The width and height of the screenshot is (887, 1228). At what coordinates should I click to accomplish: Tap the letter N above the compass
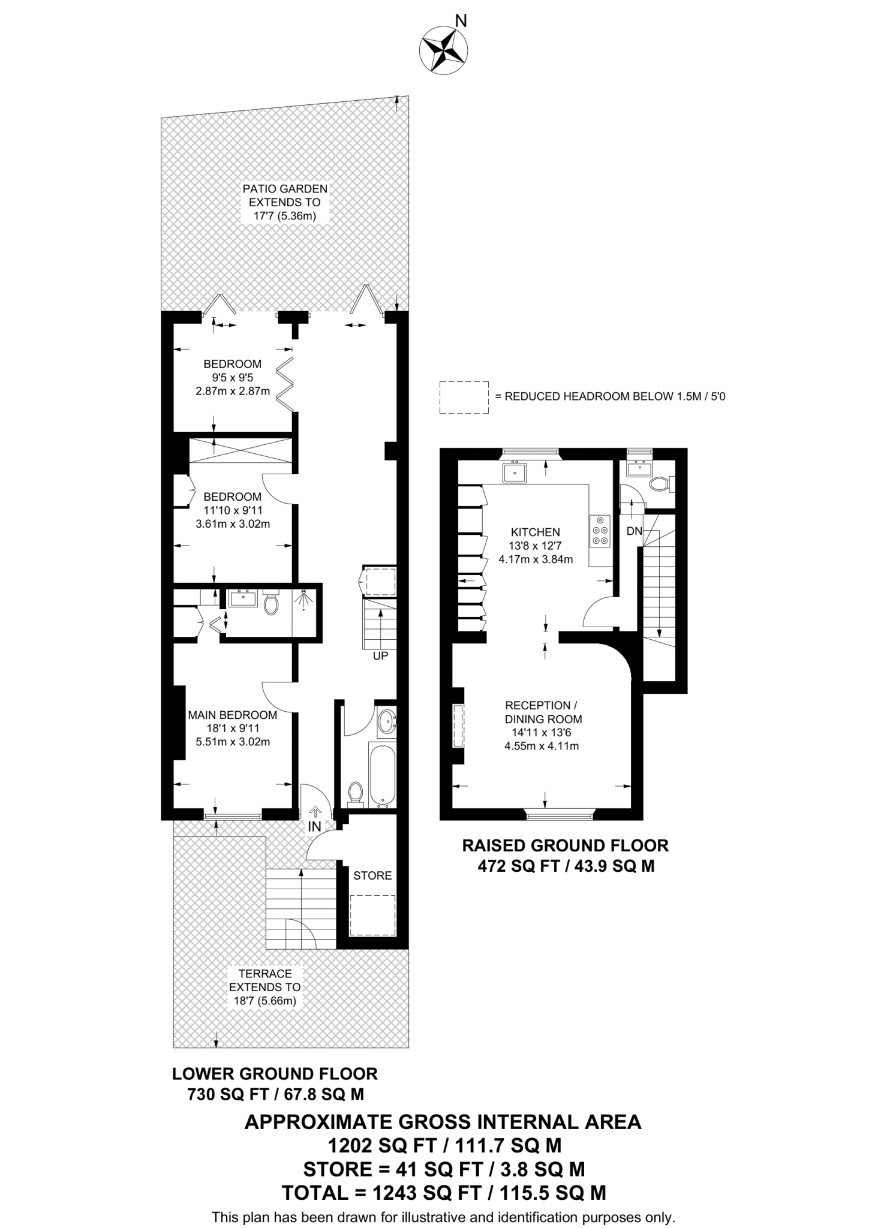tap(461, 22)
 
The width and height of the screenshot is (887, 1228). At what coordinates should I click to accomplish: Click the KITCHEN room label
tap(535, 532)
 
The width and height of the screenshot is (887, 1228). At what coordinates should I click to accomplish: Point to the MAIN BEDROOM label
tap(233, 715)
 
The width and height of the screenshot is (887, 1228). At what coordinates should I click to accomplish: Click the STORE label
tap(372, 875)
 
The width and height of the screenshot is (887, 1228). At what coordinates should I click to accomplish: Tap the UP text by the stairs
tap(380, 656)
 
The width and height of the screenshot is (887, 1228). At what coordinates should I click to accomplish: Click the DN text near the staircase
tap(634, 531)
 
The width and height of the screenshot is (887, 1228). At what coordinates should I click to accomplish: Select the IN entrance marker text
tap(314, 826)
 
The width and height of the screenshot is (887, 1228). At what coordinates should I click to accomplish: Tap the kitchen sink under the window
tap(515, 472)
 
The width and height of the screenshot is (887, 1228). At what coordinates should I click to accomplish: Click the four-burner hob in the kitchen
tap(600, 531)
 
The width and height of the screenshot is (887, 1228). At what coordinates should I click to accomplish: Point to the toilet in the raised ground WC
tap(660, 484)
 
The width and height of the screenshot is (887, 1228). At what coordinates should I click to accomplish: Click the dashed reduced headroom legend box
tap(463, 397)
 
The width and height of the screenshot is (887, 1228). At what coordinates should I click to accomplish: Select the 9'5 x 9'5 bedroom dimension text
tap(233, 378)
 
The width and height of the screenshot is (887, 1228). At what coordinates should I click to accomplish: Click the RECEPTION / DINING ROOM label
tap(543, 712)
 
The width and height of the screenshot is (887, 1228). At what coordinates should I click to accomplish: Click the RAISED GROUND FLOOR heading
tap(565, 845)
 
